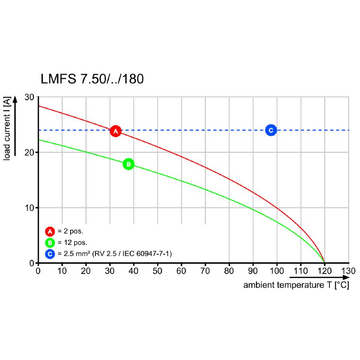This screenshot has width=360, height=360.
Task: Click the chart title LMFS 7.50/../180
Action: click(92, 79)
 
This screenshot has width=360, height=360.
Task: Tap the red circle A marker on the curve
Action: click(116, 131)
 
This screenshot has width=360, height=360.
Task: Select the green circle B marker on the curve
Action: click(128, 164)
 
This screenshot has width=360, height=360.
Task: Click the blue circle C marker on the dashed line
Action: click(270, 130)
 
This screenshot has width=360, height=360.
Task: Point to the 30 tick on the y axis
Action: click(30, 97)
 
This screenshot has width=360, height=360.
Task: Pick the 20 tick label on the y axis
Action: click(30, 153)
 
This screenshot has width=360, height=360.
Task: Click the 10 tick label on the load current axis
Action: click(30, 208)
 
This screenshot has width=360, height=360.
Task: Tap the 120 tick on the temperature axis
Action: click(324, 271)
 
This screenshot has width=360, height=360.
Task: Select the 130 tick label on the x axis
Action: click(348, 271)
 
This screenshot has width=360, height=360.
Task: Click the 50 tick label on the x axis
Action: click(157, 271)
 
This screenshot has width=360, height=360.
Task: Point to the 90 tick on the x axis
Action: click(253, 271)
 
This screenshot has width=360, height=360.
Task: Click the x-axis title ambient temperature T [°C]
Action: click(296, 285)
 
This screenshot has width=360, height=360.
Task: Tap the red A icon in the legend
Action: click(49, 231)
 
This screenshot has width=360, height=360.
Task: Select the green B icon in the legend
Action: click(49, 243)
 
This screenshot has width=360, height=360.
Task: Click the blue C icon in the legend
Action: click(49, 254)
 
